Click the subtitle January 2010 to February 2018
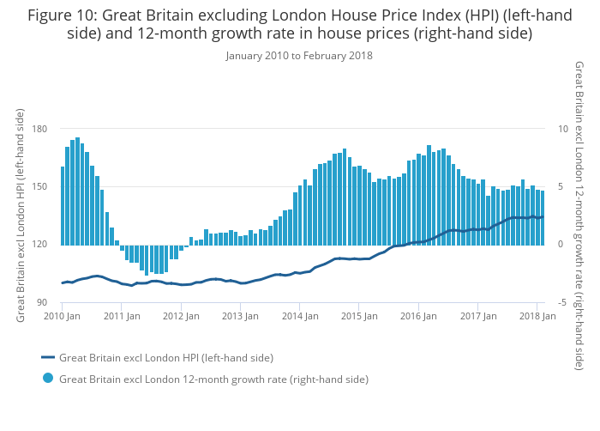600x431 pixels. pos(299,56)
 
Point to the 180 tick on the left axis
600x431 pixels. pos(39,129)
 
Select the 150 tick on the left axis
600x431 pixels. pos(39,187)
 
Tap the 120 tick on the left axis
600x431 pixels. pos(39,245)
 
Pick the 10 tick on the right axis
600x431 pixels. pos(563,129)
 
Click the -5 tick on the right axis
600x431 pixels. pos(562,303)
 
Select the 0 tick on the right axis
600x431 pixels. pos(561,245)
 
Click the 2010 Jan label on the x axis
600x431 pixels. pos(62,316)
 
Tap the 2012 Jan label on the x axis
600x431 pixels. pos(181,316)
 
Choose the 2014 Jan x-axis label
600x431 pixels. pos(299,316)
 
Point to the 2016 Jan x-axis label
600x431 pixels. pos(418,316)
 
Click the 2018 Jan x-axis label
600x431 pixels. pos(537,316)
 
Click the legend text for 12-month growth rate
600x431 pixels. pos(213,379)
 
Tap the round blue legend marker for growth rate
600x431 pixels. pos(48,379)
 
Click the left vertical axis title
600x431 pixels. pos(21,215)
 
